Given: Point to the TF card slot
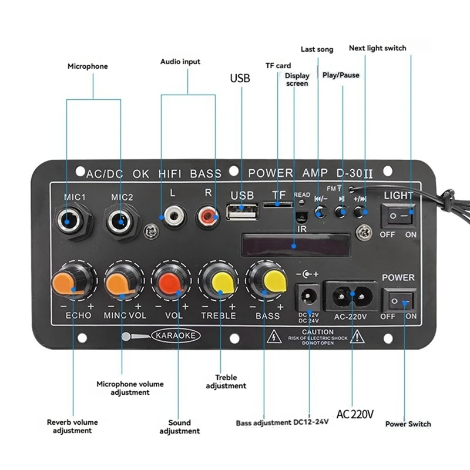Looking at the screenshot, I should coord(278,204).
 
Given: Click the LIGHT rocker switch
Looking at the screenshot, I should coord(398,217).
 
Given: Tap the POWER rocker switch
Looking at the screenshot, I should coord(398,300).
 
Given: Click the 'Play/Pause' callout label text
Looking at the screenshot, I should coord(341,75).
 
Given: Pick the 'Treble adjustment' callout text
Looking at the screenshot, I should coord(226,382).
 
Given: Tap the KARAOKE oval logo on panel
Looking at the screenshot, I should coord(176,335).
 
